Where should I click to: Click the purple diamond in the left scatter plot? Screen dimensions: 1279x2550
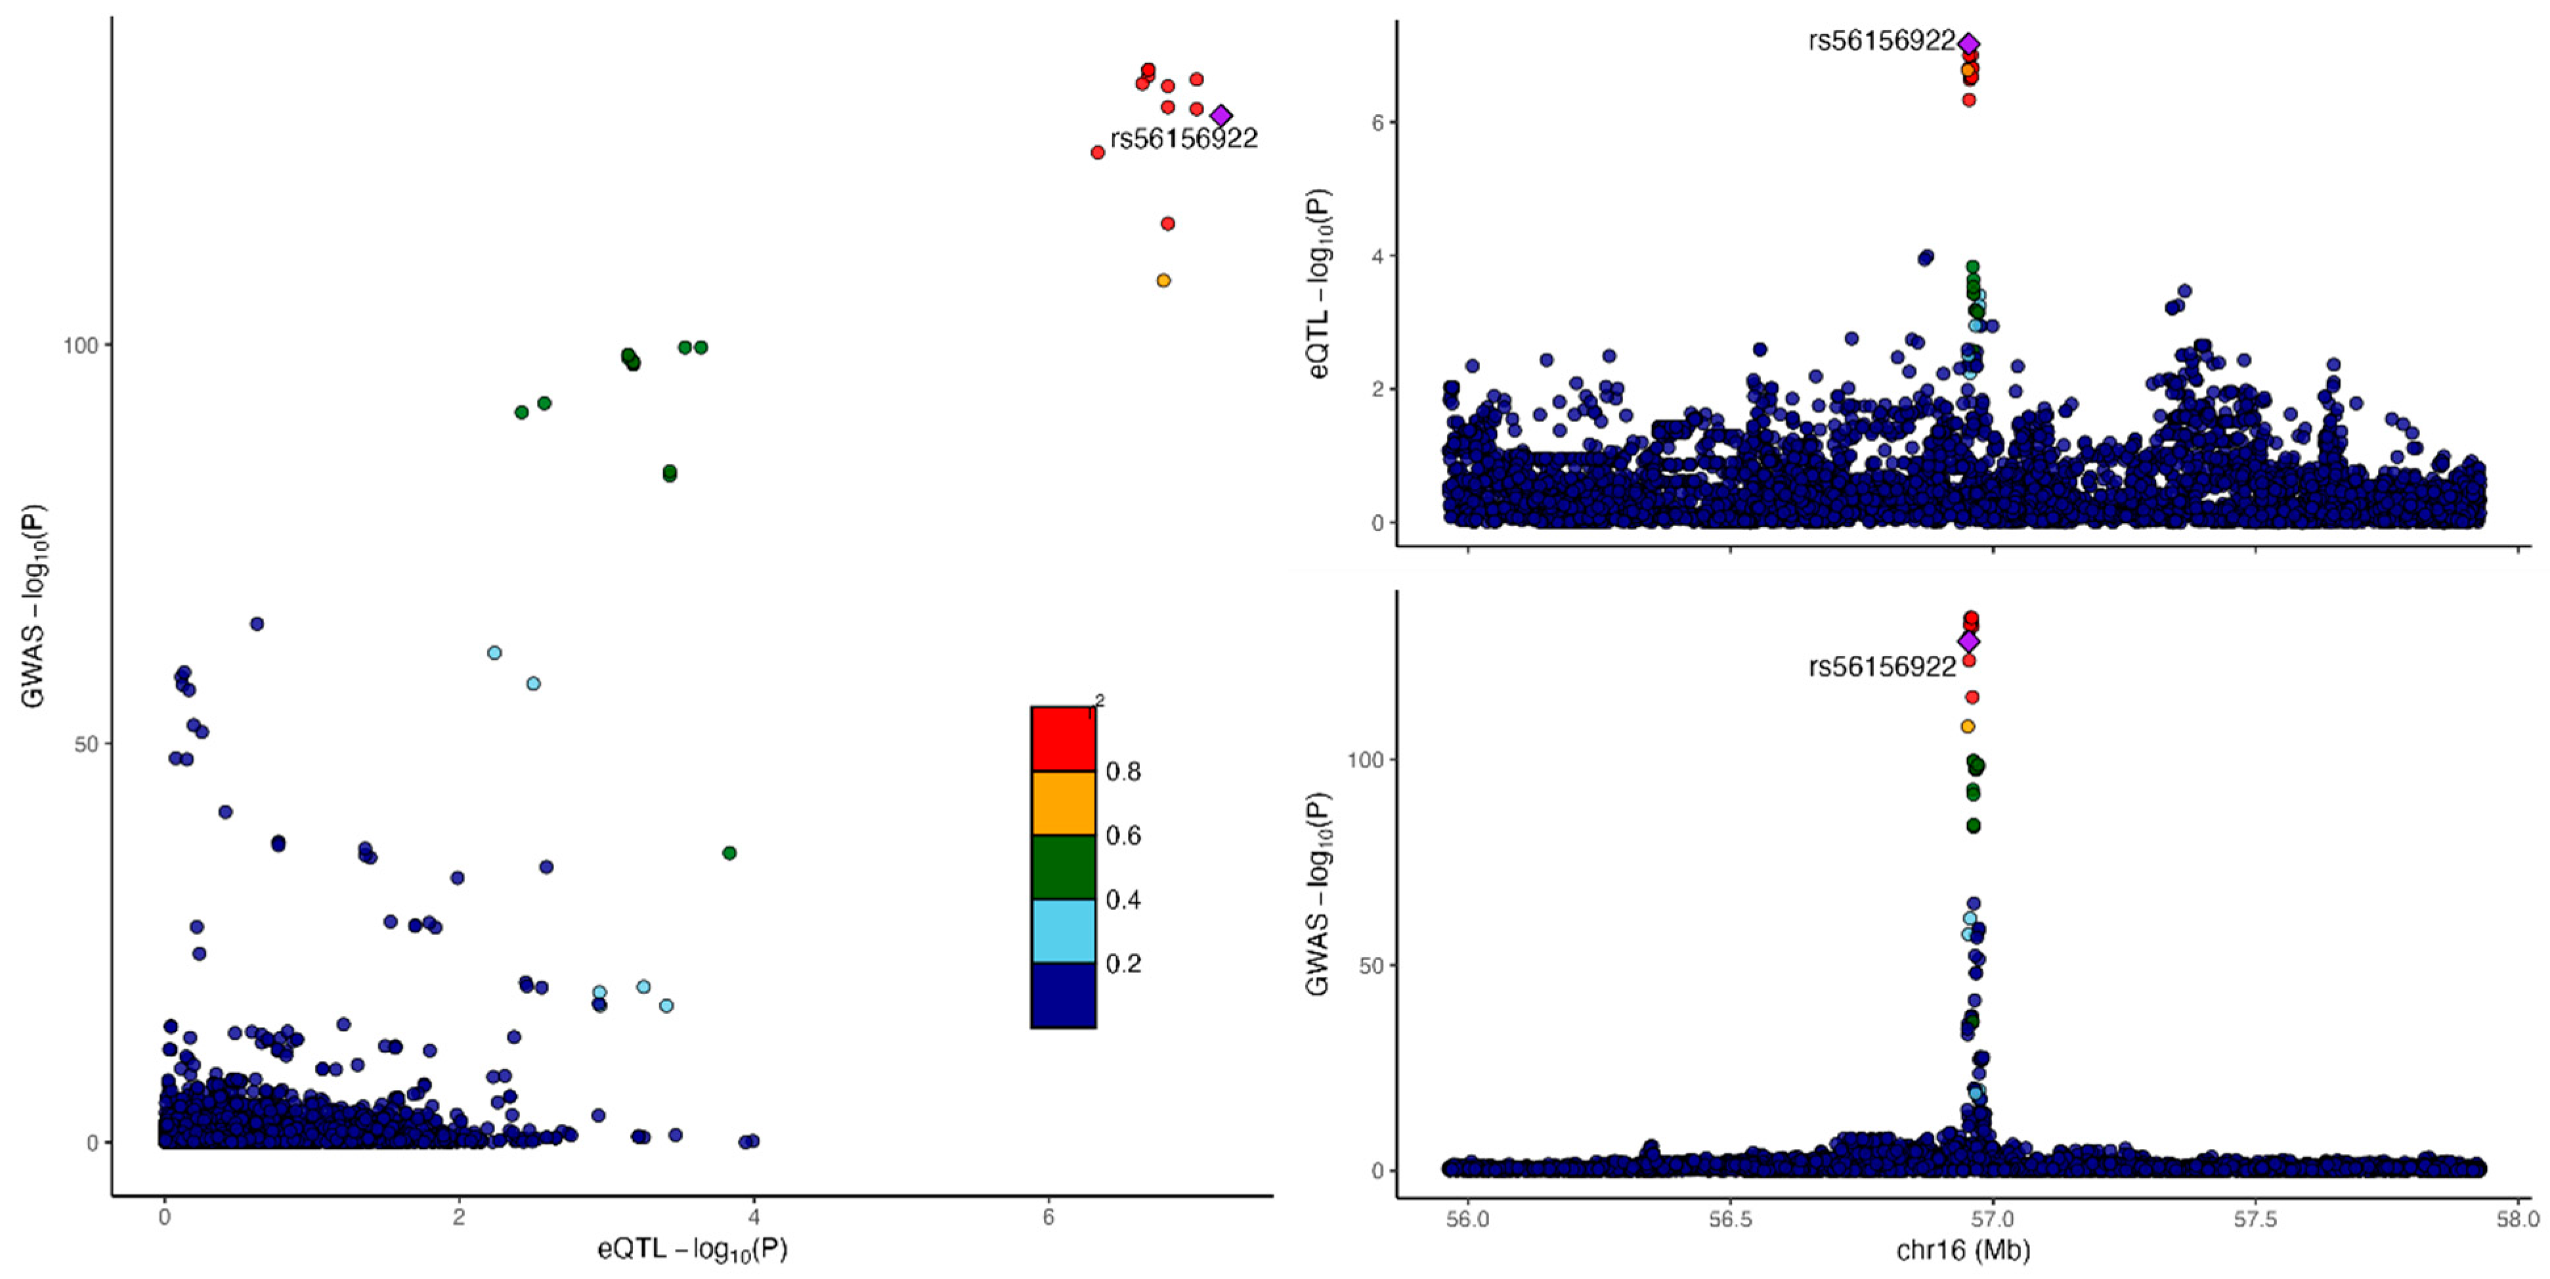pos(1221,116)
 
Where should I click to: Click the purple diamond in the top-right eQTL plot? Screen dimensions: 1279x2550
pos(1969,43)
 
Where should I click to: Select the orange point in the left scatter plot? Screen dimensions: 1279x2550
pos(1163,280)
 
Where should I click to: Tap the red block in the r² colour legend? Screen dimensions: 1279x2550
pos(1062,739)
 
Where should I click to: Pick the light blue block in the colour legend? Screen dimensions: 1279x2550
pos(1062,930)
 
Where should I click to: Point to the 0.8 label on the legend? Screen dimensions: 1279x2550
pos(1123,771)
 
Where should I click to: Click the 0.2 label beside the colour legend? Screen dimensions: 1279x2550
pos(1123,963)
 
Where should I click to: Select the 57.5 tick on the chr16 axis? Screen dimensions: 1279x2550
pos(2255,1219)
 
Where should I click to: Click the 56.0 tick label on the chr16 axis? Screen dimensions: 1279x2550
pos(1467,1219)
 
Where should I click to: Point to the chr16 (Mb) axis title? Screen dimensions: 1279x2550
pos(1962,1250)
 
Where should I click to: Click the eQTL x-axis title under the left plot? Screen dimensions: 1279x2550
pos(692,1250)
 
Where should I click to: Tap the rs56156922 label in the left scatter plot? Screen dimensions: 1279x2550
pos(1183,139)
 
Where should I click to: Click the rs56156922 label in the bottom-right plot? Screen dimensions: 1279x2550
pos(1881,667)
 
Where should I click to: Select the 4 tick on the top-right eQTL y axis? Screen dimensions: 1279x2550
pos(1377,255)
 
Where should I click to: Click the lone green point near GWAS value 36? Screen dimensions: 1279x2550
pos(729,852)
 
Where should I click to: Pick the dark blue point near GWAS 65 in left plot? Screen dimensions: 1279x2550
pos(257,624)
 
